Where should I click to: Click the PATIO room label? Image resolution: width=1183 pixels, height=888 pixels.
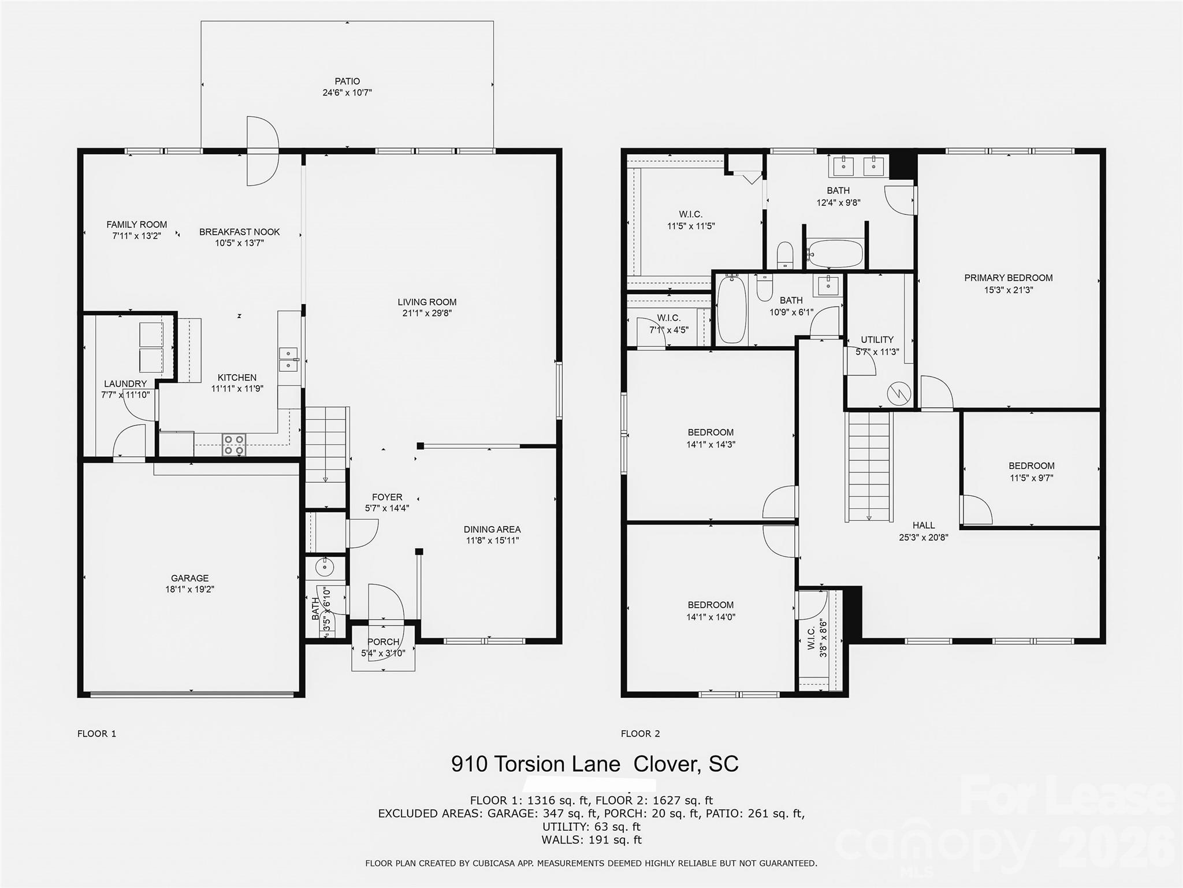(347, 82)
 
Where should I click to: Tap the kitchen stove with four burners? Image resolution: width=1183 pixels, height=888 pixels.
(234, 445)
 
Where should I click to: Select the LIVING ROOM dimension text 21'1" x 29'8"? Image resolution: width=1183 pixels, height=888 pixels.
(427, 313)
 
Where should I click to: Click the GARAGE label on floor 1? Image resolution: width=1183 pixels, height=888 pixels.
(189, 578)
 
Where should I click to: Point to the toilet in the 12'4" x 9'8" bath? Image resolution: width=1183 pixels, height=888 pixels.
(784, 254)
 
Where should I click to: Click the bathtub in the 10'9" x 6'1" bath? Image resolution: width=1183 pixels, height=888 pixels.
(731, 310)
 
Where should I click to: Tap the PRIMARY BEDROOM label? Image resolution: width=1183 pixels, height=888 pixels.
(1008, 278)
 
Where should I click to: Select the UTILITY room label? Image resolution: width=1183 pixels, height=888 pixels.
(877, 340)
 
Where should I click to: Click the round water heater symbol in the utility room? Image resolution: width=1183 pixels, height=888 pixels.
(899, 394)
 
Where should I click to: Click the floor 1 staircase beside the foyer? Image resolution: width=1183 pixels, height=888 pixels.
(326, 444)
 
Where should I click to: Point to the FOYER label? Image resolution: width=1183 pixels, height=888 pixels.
(387, 497)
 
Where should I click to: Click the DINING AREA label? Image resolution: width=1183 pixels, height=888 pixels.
(492, 530)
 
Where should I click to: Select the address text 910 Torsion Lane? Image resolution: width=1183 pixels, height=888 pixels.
(535, 764)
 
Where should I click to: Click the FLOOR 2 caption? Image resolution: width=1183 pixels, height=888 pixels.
(640, 734)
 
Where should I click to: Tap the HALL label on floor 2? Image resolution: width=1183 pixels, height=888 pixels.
(923, 526)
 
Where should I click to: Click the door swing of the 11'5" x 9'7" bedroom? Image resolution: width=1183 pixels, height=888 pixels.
(977, 509)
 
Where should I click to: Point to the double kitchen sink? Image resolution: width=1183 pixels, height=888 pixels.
(288, 359)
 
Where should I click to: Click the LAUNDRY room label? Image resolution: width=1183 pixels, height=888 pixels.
(125, 384)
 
